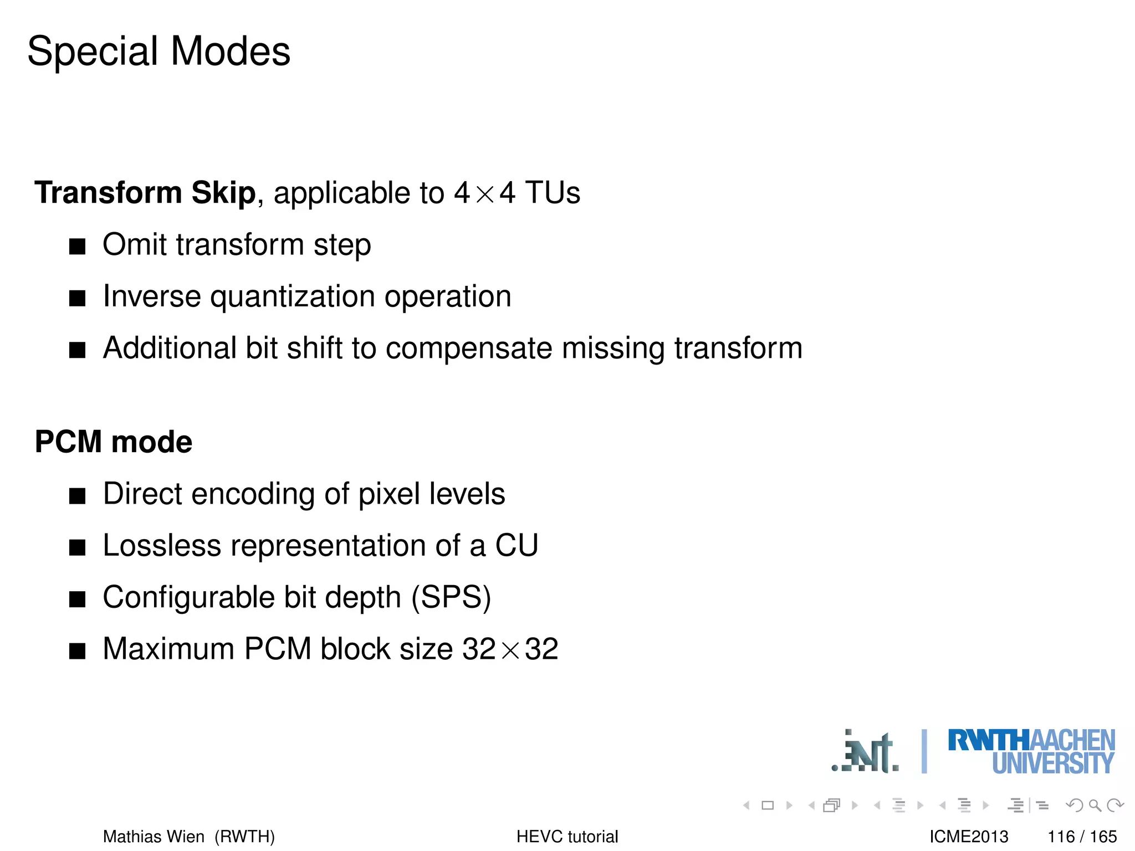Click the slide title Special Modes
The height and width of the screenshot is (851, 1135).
tap(159, 52)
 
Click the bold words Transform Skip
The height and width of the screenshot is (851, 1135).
tap(145, 193)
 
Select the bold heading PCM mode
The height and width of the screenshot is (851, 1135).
tap(114, 442)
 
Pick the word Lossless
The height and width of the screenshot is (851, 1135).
tap(162, 546)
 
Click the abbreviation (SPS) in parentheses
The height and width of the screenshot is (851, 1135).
tap(451, 598)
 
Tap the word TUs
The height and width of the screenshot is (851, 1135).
tap(553, 193)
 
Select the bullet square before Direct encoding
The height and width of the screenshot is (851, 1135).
tap(78, 496)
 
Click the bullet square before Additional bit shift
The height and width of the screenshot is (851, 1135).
tap(78, 350)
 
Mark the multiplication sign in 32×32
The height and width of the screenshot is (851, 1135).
tap(510, 650)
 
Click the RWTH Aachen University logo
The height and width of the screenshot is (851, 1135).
tap(1031, 751)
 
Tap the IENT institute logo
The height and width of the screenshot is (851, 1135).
tap(865, 752)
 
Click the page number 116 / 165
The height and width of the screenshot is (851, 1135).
tap(1082, 837)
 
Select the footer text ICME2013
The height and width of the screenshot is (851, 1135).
tap(969, 837)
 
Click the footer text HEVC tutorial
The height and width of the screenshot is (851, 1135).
tap(567, 837)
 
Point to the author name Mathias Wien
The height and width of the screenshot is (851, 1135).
tap(154, 837)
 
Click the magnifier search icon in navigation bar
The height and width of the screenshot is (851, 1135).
tap(1095, 805)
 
